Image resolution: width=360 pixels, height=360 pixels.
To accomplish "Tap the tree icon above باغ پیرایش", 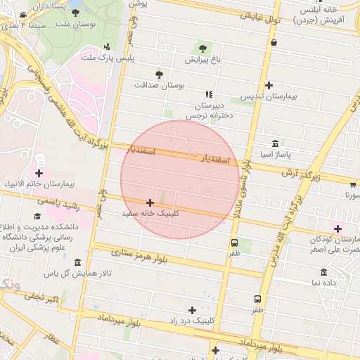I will pos(203,49).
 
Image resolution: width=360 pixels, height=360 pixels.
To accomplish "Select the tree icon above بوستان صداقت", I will pos(159,73).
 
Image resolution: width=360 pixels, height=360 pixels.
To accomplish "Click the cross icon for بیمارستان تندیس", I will pos(269,85).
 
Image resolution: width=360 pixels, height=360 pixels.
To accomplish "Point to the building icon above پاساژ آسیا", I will pos(274,142).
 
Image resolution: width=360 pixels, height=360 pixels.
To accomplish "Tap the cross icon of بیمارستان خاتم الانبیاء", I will pos(38,173).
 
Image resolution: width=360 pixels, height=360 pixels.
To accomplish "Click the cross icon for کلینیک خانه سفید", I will pos(150,202).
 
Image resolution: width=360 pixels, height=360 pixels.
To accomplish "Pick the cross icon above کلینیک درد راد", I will pos(192,309).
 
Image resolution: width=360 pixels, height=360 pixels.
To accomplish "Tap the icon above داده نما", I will pos(323,272).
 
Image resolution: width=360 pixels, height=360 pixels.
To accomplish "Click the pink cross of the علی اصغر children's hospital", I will pos(338,229).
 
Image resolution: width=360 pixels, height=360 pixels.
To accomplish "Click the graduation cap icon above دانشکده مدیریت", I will pos(37,217).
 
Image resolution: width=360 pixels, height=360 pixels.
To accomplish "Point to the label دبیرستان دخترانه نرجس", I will pos(210,110).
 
